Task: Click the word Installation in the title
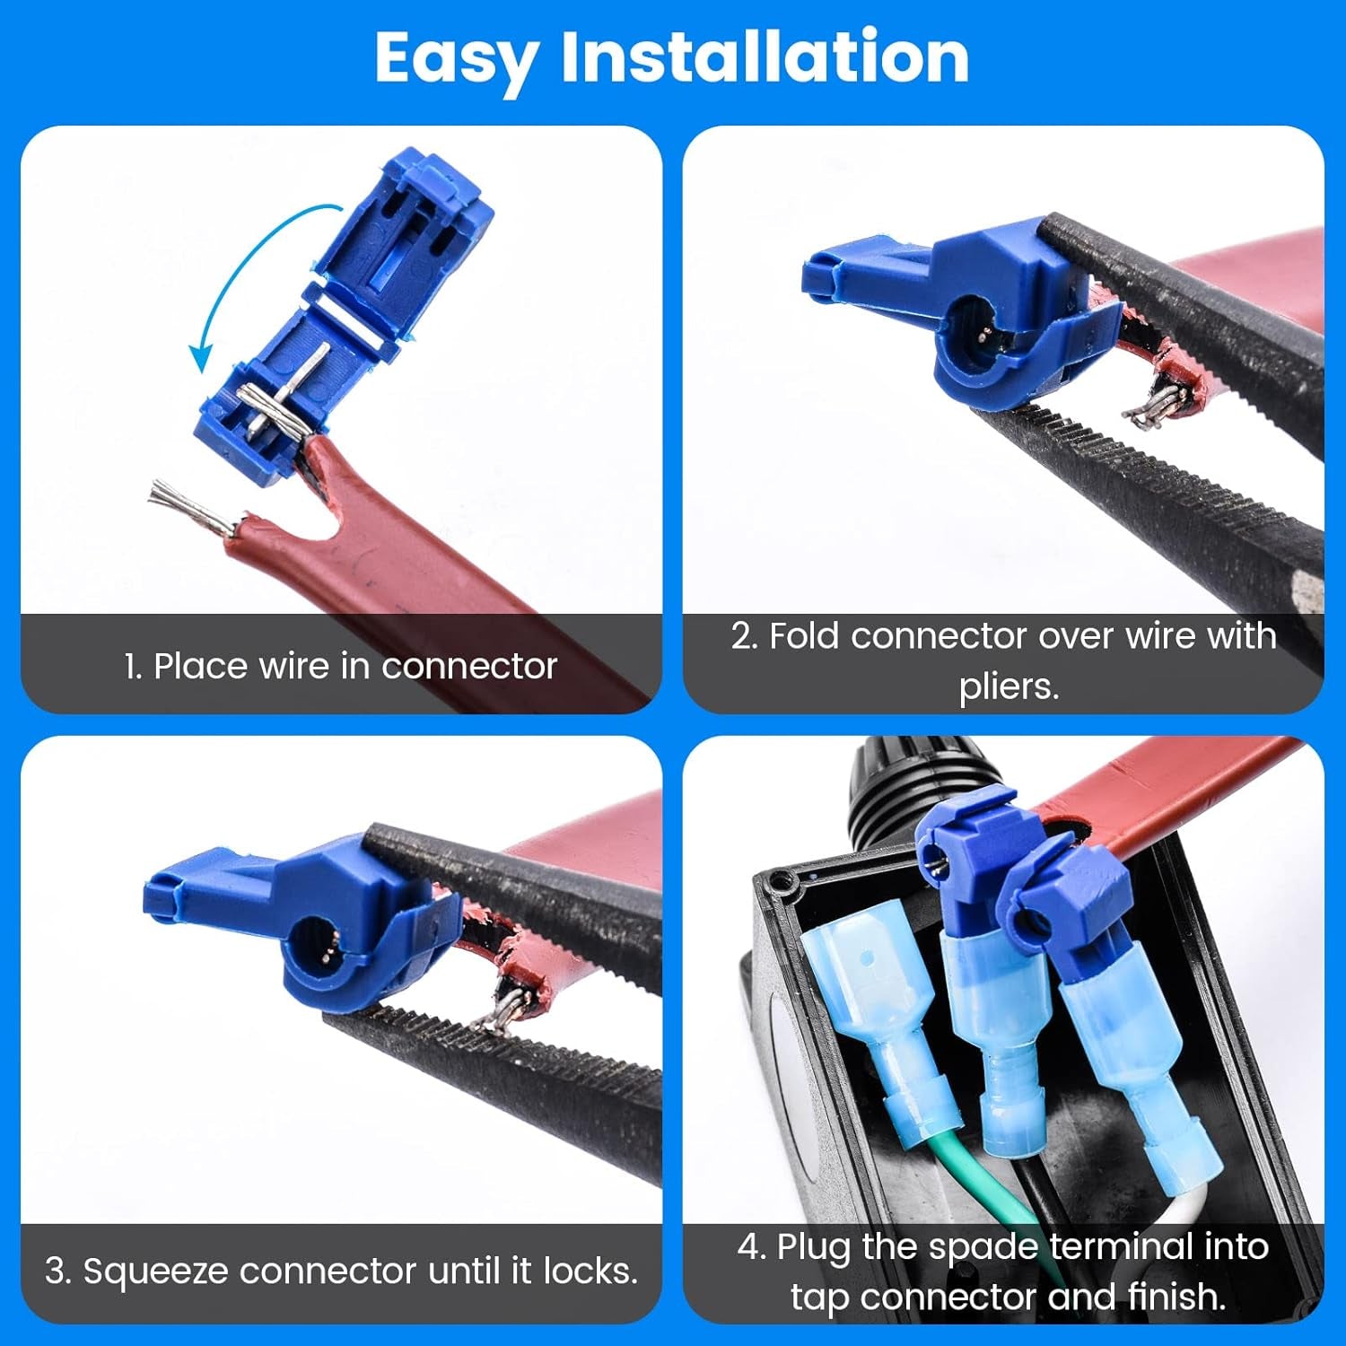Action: click(765, 57)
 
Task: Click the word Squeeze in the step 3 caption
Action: click(156, 1272)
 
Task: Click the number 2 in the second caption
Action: click(741, 636)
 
